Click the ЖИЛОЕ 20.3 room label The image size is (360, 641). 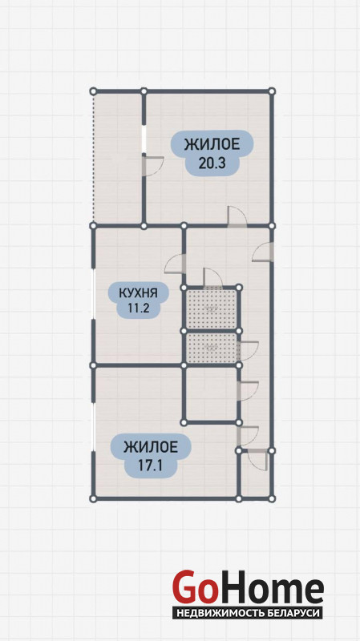[x=212, y=153]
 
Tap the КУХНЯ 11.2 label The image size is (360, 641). [x=138, y=300]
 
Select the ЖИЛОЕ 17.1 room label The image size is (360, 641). [x=150, y=456]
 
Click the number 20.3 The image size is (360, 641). [x=212, y=163]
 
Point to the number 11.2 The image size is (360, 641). [x=137, y=308]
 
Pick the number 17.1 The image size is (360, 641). [x=150, y=466]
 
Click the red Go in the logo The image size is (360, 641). [x=195, y=587]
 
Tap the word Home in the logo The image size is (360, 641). [x=271, y=587]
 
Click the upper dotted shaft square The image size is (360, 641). [x=211, y=309]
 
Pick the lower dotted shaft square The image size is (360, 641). [x=211, y=348]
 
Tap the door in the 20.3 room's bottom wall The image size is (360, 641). [x=237, y=216]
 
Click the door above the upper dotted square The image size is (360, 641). [x=212, y=278]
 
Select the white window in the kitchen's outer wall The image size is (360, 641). [x=93, y=294]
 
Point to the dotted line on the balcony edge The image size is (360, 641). [x=93, y=158]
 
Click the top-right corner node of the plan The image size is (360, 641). [x=272, y=91]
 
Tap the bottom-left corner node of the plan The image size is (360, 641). [x=93, y=498]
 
